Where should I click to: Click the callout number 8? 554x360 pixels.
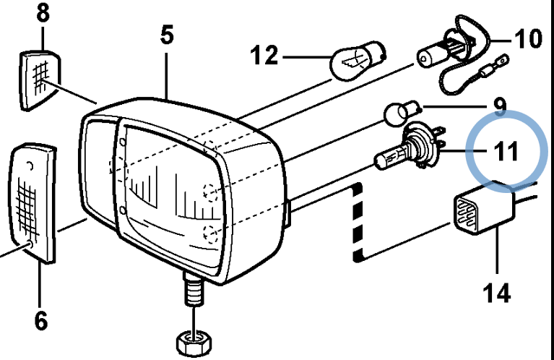tap(43, 14)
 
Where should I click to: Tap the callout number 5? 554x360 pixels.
tap(167, 35)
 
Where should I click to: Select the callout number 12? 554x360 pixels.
tap(264, 55)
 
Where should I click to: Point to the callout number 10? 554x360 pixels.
tap(528, 38)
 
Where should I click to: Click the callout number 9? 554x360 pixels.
tap(501, 107)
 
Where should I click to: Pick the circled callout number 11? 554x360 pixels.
tap(505, 151)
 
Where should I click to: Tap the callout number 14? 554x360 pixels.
tap(496, 293)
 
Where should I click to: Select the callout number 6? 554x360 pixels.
tap(41, 321)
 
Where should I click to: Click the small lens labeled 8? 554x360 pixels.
tap(40, 80)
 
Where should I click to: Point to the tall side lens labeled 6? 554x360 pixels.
tap(33, 202)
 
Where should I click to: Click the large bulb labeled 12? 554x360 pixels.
tap(357, 61)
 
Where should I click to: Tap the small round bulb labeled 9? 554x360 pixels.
tap(402, 113)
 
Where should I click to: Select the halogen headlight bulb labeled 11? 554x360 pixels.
tap(410, 150)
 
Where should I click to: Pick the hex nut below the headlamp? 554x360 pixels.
tap(194, 343)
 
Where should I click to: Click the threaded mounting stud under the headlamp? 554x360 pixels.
tap(194, 289)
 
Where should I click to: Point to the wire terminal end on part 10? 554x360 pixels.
tap(500, 63)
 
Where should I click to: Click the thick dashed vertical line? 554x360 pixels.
tap(358, 222)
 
